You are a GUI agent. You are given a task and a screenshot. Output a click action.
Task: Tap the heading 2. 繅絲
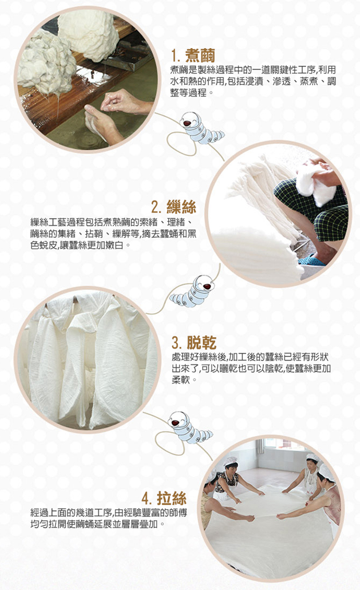click(x=173, y=207)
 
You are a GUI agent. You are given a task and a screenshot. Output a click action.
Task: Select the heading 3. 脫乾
click(x=194, y=342)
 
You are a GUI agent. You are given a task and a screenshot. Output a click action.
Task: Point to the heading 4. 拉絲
click(x=164, y=498)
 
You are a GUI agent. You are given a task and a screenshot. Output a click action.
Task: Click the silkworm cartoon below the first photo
click(x=201, y=128)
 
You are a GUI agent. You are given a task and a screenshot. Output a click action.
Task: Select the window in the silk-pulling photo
click(x=282, y=448)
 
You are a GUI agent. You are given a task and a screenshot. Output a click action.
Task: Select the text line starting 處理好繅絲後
click(x=250, y=357)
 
